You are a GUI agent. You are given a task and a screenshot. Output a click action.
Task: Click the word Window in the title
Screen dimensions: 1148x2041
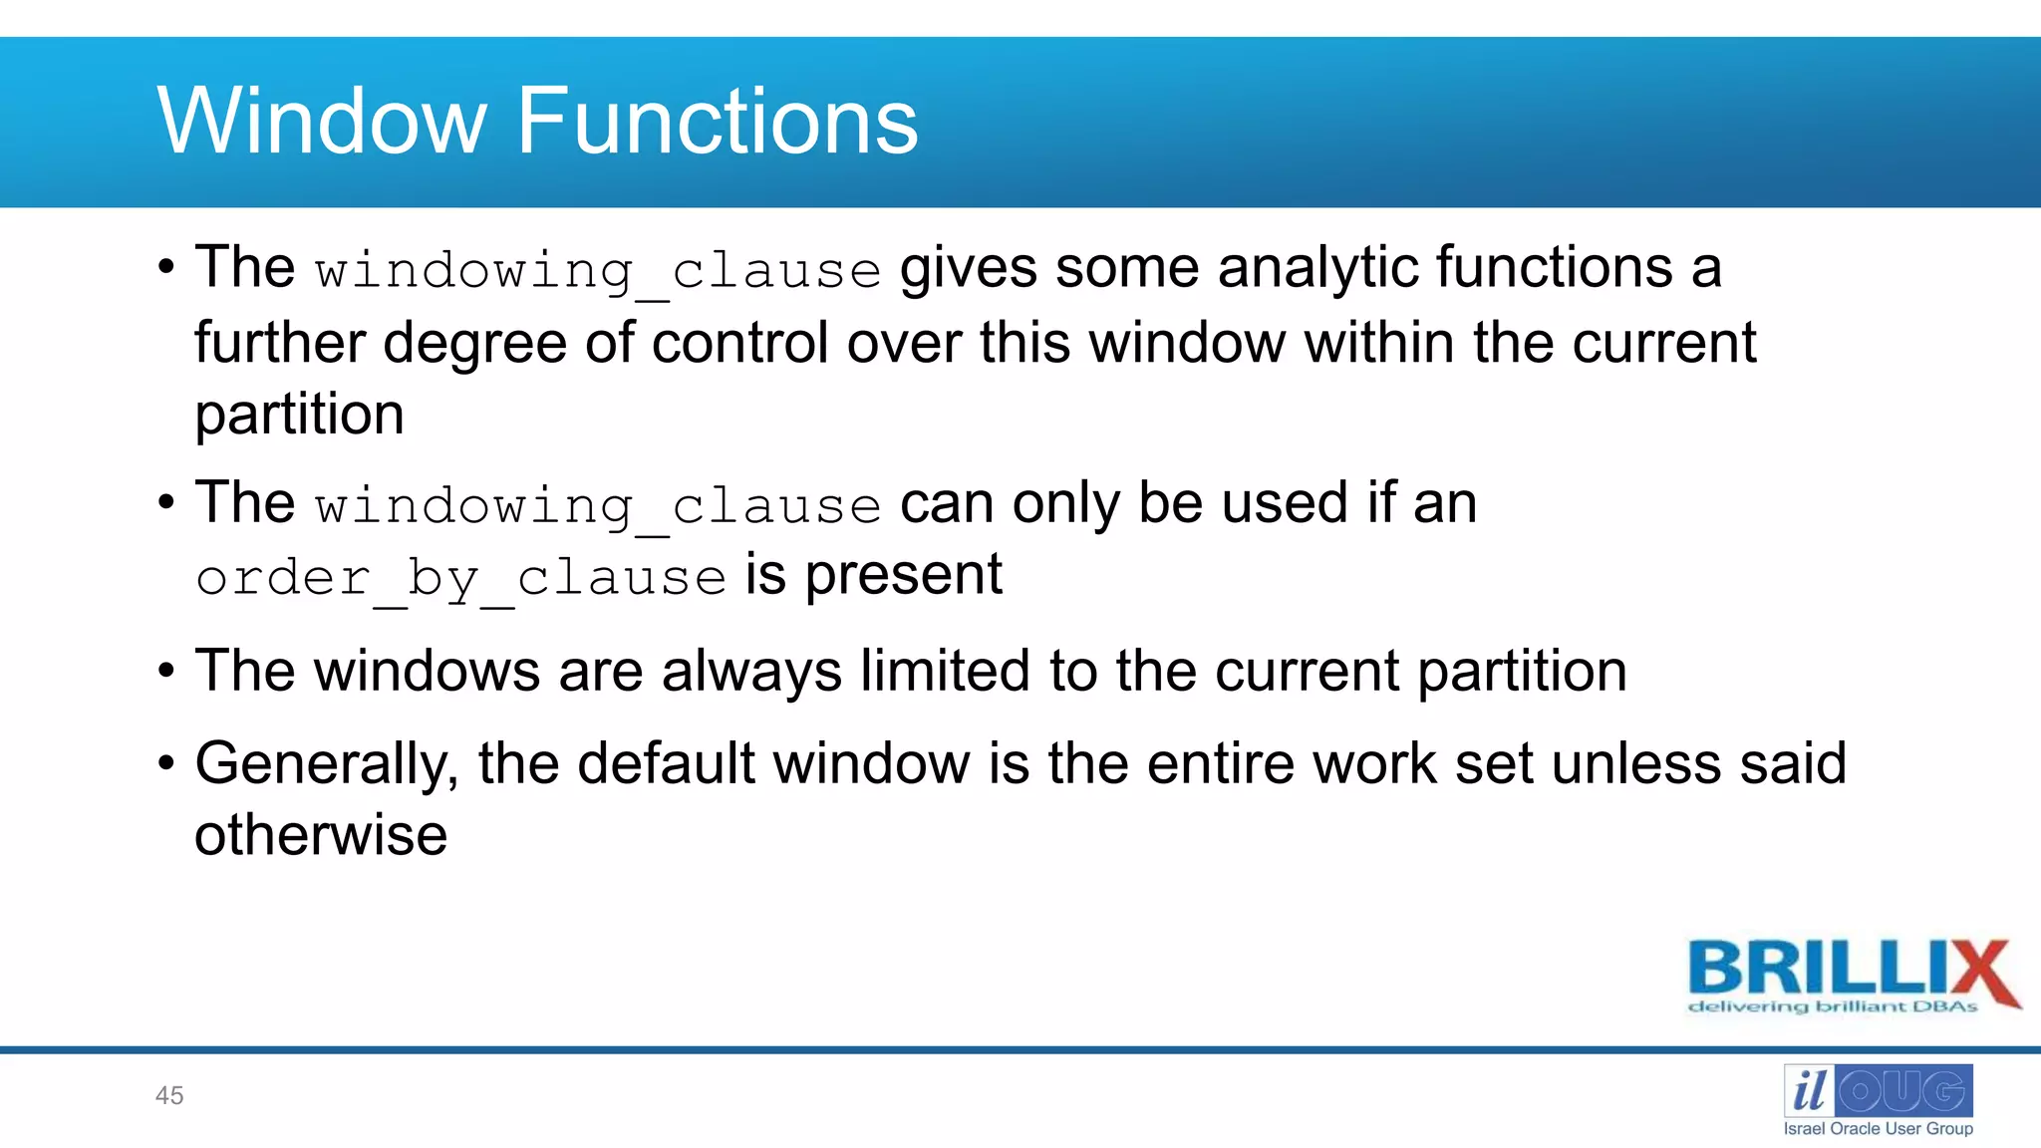(x=321, y=122)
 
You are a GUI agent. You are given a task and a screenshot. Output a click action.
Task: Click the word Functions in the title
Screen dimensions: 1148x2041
(x=717, y=122)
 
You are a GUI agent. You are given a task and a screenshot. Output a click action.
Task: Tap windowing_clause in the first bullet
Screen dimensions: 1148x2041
(x=598, y=271)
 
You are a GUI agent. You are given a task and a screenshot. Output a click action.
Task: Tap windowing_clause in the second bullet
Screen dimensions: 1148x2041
(x=598, y=506)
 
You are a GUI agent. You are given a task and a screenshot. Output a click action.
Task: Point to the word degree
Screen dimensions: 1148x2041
(x=475, y=344)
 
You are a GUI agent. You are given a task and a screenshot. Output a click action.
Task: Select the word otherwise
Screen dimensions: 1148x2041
(x=321, y=835)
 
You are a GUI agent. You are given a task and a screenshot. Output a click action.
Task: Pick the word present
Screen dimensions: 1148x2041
(x=903, y=575)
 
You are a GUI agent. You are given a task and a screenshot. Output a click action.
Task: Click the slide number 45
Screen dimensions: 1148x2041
(x=169, y=1095)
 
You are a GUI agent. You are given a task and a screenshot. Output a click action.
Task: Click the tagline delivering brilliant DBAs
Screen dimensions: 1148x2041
(x=1832, y=1006)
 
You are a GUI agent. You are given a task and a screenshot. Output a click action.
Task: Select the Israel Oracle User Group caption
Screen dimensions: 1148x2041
(x=1878, y=1128)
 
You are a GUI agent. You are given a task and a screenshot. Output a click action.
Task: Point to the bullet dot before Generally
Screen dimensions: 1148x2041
(x=166, y=764)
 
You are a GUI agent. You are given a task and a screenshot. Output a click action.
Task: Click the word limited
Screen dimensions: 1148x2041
(x=946, y=671)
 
